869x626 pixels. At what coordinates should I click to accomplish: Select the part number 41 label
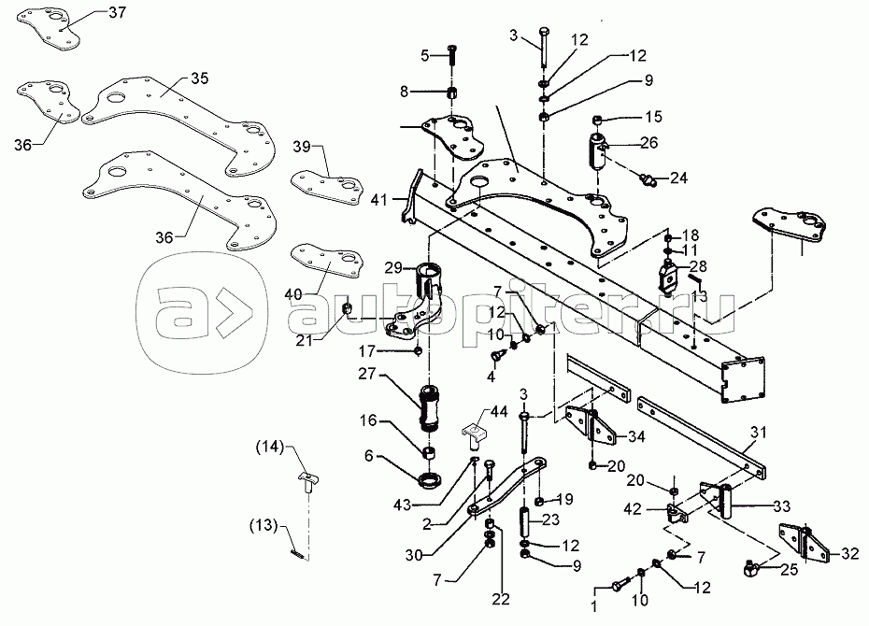[379, 198]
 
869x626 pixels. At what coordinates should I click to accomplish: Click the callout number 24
[677, 177]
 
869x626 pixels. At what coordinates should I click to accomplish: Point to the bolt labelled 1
[621, 587]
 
